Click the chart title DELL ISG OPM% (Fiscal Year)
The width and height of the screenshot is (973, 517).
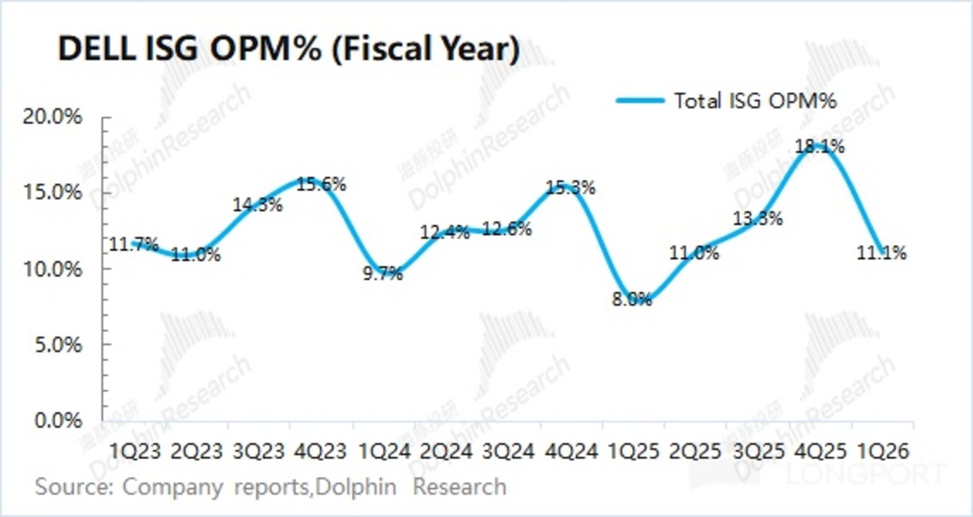click(288, 51)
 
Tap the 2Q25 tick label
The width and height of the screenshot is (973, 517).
click(694, 451)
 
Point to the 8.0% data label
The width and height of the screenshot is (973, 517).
click(632, 299)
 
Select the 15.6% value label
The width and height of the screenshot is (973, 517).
click(322, 185)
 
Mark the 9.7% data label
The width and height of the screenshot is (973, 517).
click(383, 274)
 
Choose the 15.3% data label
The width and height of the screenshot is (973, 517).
click(572, 188)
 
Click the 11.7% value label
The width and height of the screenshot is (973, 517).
click(133, 245)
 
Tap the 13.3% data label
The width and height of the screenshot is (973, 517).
click(757, 218)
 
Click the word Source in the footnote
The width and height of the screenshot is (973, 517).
click(73, 486)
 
